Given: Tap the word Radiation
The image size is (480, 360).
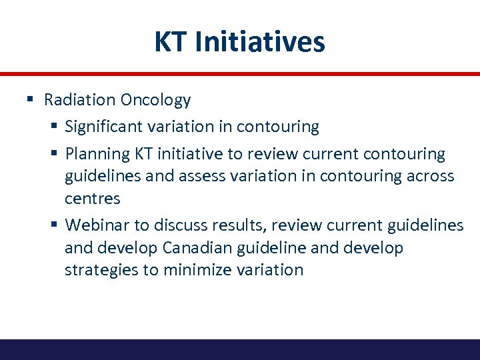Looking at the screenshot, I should pyautogui.click(x=79, y=100).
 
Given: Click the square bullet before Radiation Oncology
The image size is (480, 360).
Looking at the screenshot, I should pyautogui.click(x=30, y=100).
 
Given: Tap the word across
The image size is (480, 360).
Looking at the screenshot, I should pyautogui.click(x=432, y=176).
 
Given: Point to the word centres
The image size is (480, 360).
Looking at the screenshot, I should pyautogui.click(x=93, y=199).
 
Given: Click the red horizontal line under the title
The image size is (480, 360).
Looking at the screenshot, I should pyautogui.click(x=240, y=73).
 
